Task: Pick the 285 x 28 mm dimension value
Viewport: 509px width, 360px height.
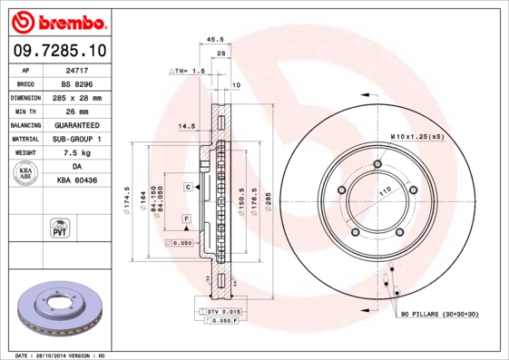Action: click(76, 96)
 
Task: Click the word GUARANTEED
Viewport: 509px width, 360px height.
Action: click(76, 123)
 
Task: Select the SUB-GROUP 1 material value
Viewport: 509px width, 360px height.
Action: click(76, 138)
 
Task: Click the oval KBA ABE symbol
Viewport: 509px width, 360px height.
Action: click(27, 174)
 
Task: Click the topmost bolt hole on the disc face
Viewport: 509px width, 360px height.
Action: click(375, 163)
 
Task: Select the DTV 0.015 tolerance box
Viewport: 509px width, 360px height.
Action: click(220, 311)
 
